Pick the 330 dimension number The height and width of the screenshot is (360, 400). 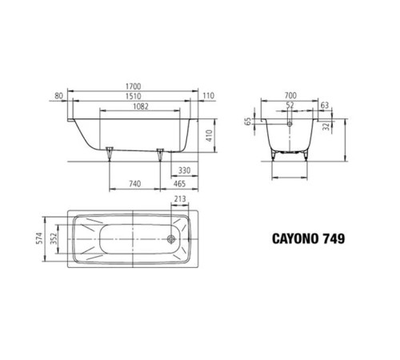[x=183, y=170]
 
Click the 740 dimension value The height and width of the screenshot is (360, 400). [x=135, y=185]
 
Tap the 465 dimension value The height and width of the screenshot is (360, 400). [x=181, y=185]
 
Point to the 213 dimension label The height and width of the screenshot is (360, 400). [x=180, y=201]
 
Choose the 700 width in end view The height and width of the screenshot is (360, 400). [x=289, y=94]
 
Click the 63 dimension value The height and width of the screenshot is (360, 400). [x=324, y=104]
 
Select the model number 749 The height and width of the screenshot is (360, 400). [x=335, y=238]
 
